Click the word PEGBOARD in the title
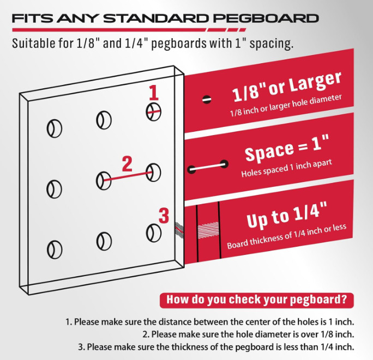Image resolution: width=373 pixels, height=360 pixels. [267, 19]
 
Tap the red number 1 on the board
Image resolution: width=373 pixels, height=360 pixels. [154, 93]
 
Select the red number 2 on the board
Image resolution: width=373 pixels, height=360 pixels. [127, 164]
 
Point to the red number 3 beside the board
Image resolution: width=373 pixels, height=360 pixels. [164, 216]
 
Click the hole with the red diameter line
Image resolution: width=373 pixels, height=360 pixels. [153, 112]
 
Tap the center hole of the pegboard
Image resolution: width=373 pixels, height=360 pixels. [104, 181]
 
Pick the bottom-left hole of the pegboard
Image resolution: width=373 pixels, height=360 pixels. [55, 249]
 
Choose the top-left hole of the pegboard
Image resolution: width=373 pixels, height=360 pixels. [55, 129]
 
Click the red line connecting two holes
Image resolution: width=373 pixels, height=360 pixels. [128, 176]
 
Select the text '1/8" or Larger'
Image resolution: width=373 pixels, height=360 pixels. [287, 87]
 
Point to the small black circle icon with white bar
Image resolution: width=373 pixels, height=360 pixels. [207, 100]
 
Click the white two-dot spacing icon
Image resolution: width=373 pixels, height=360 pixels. [208, 167]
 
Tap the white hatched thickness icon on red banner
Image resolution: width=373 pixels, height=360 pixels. [208, 230]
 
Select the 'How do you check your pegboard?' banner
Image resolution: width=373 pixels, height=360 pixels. [257, 300]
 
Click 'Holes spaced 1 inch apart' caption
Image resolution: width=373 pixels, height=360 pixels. [286, 168]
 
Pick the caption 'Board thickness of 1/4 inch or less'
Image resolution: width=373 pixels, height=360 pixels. [286, 236]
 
